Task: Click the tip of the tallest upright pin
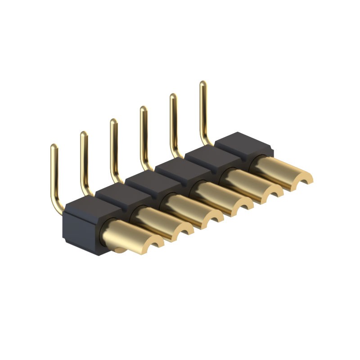(203, 84)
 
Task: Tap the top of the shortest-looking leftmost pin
(54, 147)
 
